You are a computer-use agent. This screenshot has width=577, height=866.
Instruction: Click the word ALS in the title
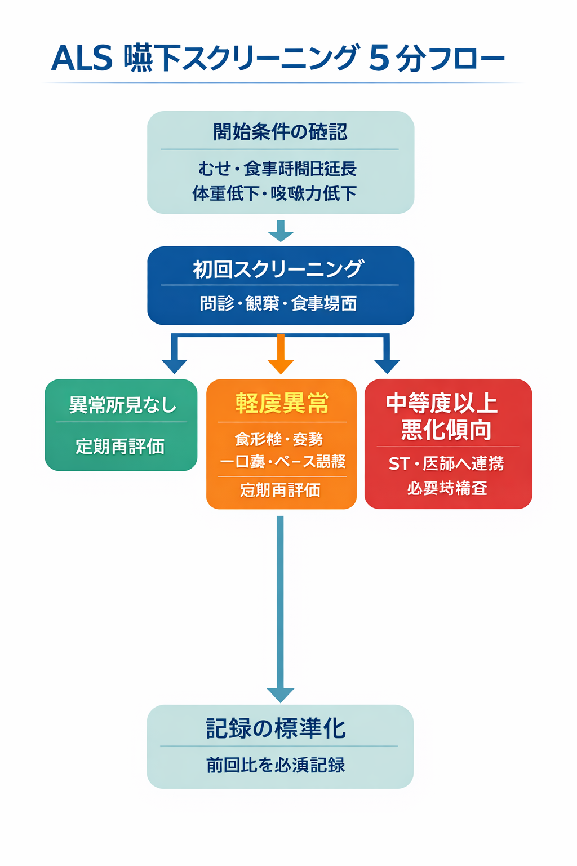(x=82, y=58)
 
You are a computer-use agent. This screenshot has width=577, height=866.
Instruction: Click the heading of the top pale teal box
(x=280, y=132)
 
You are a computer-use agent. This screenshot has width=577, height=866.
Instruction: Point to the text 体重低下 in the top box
(x=225, y=193)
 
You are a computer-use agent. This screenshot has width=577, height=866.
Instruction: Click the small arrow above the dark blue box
(x=281, y=231)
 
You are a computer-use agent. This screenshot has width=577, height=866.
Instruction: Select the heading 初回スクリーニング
(x=279, y=269)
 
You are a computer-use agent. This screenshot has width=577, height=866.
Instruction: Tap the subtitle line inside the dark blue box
(x=279, y=304)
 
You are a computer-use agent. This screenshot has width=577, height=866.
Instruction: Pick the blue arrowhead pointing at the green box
(x=174, y=365)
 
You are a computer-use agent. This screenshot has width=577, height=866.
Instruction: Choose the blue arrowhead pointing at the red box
(x=387, y=365)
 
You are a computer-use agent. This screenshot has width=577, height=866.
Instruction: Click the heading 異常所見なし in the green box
(x=122, y=405)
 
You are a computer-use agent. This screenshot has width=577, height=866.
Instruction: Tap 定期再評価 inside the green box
(x=120, y=447)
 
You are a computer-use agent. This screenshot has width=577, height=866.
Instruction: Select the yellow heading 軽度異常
(x=282, y=404)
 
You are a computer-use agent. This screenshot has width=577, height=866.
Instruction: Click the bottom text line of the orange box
(x=280, y=490)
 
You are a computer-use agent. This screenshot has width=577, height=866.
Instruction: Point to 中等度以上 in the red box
(x=442, y=404)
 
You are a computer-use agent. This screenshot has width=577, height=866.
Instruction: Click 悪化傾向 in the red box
(x=446, y=430)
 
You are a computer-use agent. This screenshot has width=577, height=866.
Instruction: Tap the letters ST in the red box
(x=398, y=464)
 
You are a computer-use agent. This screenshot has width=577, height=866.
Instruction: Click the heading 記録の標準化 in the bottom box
(x=276, y=728)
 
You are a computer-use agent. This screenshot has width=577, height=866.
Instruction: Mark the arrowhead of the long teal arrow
(x=280, y=695)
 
